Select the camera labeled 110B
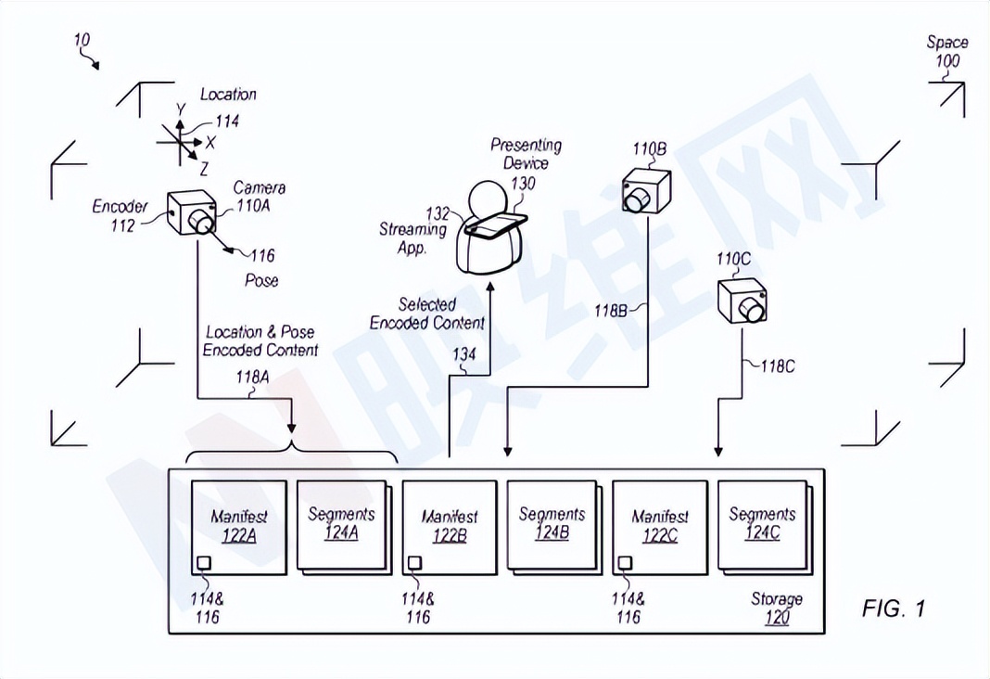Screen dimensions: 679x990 click(645, 191)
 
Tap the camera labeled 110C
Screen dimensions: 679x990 click(742, 300)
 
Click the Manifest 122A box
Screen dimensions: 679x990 click(238, 527)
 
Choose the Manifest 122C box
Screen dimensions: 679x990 click(660, 527)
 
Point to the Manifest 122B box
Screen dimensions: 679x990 click(450, 527)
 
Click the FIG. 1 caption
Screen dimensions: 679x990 click(893, 609)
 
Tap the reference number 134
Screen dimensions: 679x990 click(466, 354)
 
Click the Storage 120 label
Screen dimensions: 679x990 click(777, 609)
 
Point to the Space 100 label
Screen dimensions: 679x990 click(946, 52)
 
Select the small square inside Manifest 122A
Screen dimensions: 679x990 click(204, 562)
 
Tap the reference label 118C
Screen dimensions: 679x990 click(778, 366)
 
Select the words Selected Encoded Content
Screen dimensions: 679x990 click(427, 314)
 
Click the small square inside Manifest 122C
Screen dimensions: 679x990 click(626, 562)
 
